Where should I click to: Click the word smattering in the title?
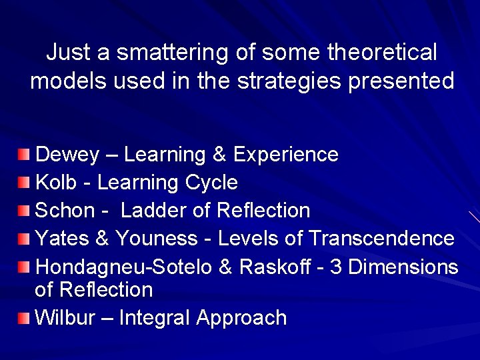click(157, 52)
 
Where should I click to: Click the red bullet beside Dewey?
click(24, 155)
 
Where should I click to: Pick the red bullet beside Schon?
click(24, 211)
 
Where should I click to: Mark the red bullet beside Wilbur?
click(24, 318)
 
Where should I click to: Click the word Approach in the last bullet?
click(241, 318)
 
